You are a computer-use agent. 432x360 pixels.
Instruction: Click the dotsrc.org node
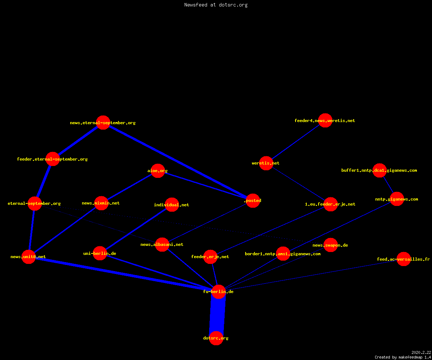216,338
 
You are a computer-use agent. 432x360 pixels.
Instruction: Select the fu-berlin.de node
219,292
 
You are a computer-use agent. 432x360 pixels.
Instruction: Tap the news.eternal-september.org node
103,122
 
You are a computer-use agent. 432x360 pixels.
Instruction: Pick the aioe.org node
158,171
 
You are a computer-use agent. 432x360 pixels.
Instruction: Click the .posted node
253,201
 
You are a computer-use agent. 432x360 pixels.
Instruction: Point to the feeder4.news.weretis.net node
325,120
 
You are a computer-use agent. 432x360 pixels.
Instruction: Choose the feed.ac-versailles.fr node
404,259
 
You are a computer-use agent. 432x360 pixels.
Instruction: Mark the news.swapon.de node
330,245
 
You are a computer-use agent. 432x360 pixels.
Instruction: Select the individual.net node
172,204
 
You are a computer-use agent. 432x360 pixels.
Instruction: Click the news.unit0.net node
28,257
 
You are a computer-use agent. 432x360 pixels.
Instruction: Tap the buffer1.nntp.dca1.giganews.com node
379,170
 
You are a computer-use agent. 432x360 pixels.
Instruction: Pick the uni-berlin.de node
100,253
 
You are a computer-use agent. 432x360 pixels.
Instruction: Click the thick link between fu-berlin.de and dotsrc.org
217,315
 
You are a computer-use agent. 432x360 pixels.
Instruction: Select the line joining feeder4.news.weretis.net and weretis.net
296,142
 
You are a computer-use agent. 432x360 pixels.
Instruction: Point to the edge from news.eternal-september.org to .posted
178,161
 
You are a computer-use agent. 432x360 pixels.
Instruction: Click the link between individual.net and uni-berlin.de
136,229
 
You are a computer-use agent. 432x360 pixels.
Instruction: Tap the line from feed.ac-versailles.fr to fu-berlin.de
311,275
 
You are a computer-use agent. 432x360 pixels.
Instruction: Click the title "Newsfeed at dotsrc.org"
216,5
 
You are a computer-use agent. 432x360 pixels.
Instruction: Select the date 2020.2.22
421,352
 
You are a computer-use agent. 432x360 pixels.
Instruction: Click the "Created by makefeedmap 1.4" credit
403,357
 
